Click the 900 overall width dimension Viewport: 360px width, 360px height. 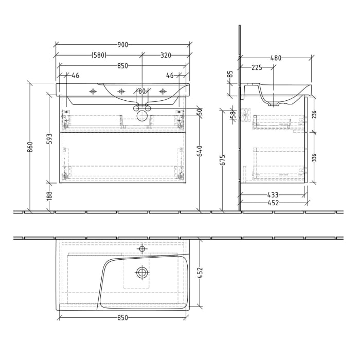coord(122,45)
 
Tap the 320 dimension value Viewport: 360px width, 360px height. coord(166,55)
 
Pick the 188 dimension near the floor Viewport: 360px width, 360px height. coord(50,196)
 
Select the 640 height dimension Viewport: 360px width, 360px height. coord(200,151)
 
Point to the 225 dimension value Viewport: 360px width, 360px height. coord(257,67)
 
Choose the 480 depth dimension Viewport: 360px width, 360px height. coord(276,58)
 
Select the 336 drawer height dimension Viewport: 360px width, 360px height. coord(314,157)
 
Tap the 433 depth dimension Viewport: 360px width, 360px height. coord(273,195)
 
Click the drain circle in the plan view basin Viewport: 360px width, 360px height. coord(142,273)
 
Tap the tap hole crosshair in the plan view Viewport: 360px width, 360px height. coord(142,249)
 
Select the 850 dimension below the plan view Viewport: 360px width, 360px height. coord(122,318)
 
